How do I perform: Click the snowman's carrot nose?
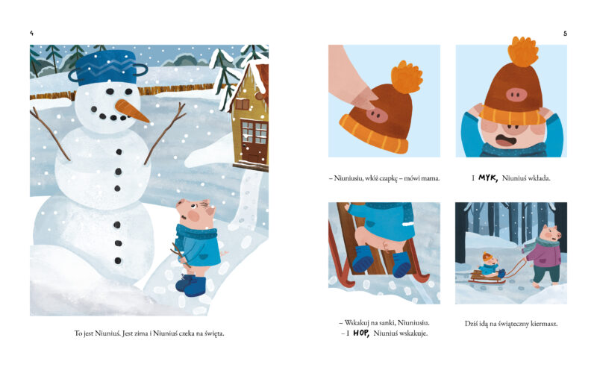coord(132,110)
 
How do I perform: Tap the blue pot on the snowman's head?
coord(107,67)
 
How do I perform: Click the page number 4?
coord(31,34)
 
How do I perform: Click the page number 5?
coord(565,34)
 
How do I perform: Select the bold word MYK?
coord(488,178)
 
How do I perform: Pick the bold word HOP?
coord(361,333)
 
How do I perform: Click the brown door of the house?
coord(255,142)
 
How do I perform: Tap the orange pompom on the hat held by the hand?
coord(407,76)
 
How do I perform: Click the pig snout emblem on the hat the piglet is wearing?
coord(516,94)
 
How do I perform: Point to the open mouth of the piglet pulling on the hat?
coord(506,140)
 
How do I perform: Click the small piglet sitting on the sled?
coord(490,265)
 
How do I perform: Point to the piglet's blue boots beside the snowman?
coord(191,286)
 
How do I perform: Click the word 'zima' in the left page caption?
coord(143,333)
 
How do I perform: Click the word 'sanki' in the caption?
coord(387,323)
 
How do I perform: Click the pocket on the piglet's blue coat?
coord(203,254)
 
